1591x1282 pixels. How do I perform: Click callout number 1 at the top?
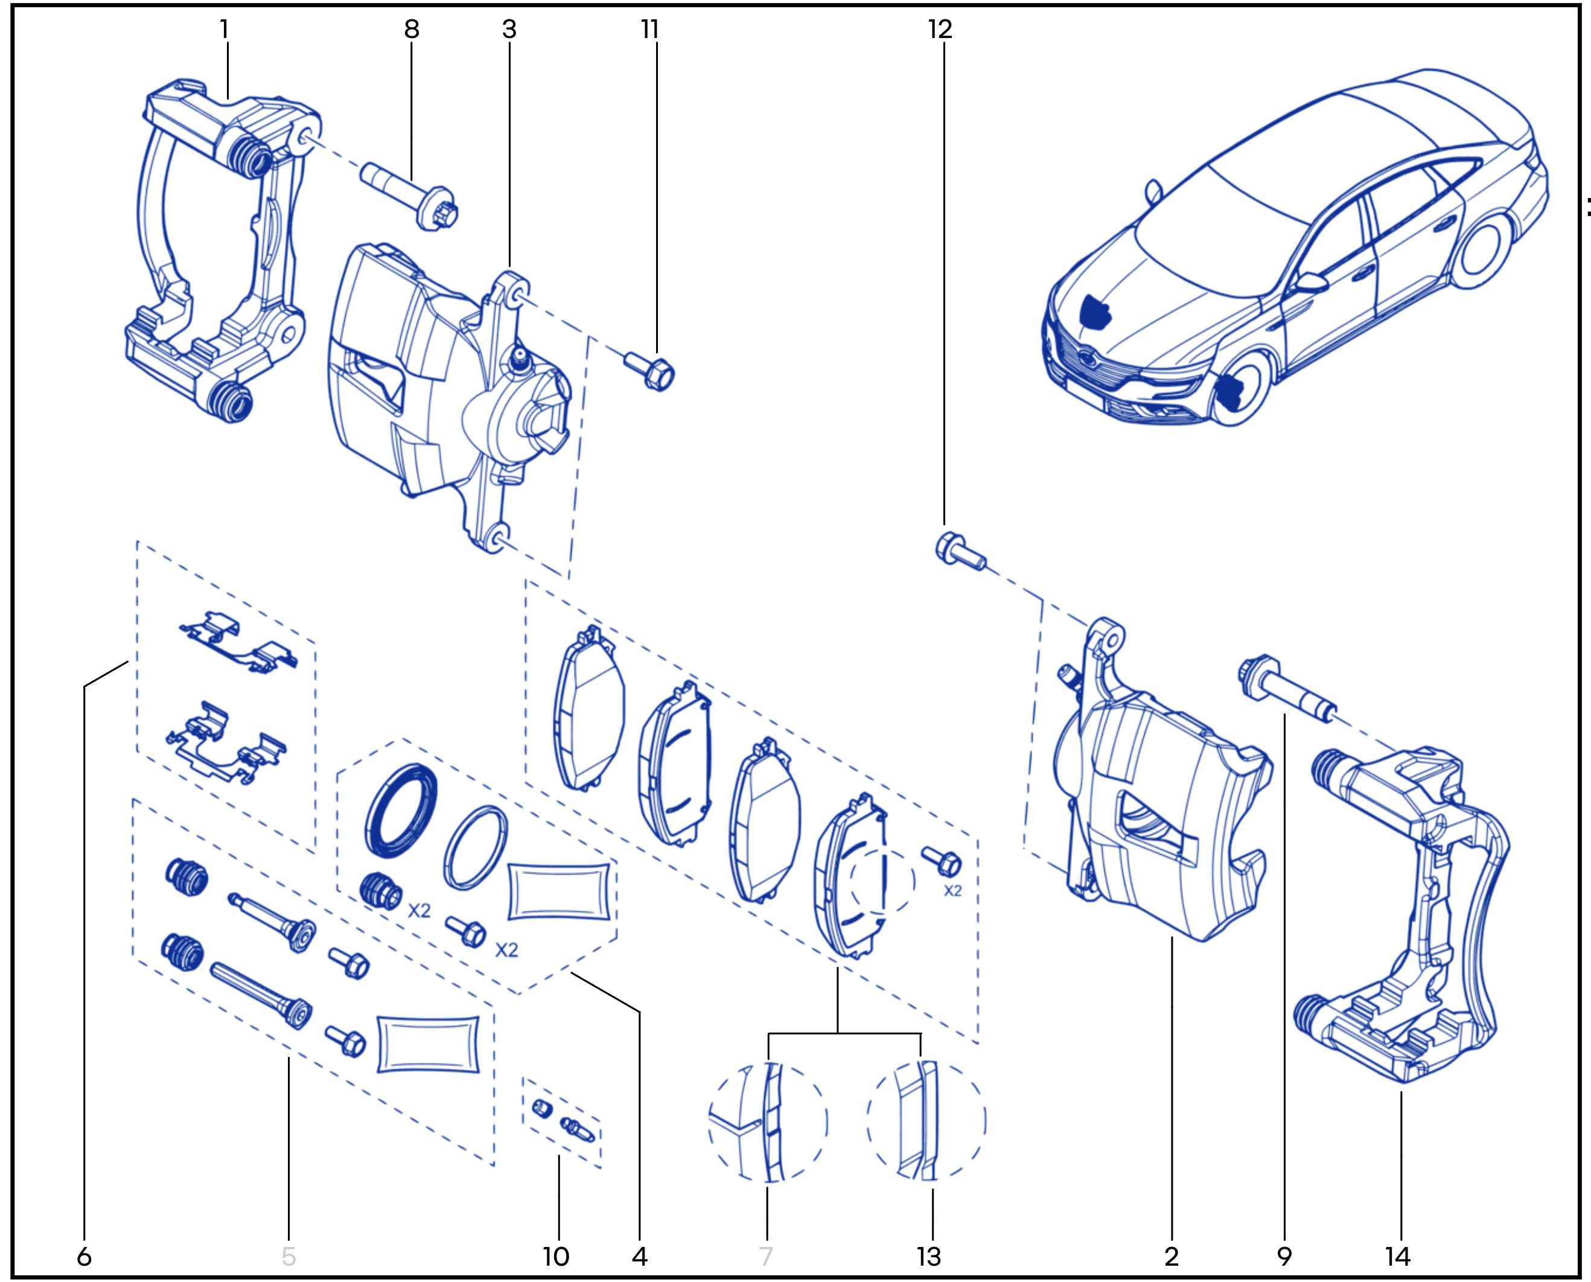click(x=225, y=30)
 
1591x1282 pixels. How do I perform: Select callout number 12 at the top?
click(x=940, y=30)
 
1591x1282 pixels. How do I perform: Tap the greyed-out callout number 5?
click(x=289, y=1255)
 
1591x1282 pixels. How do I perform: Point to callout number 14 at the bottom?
click(x=1398, y=1255)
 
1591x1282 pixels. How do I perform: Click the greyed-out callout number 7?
click(x=767, y=1255)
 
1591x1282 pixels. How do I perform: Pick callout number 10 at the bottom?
click(x=556, y=1255)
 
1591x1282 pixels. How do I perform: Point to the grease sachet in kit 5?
click(x=428, y=1041)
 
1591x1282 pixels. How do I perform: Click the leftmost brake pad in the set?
click(x=589, y=709)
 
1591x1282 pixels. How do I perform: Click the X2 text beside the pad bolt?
click(x=953, y=891)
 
